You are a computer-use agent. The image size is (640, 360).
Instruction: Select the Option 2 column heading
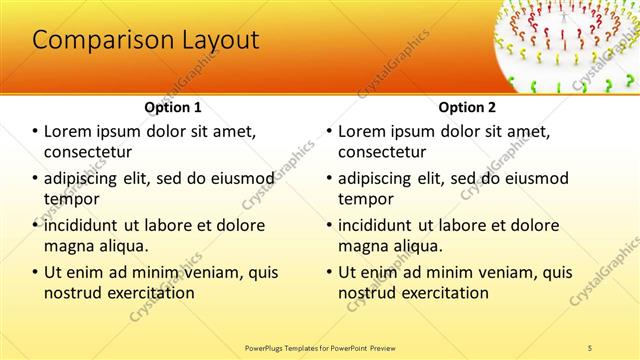466,106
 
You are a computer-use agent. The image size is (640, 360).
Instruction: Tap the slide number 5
590,347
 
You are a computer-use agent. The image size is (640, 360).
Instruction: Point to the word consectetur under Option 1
88,152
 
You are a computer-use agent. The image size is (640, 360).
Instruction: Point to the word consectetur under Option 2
382,152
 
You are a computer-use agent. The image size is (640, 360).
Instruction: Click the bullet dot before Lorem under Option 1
35,132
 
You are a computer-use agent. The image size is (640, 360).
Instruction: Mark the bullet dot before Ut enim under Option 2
329,272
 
